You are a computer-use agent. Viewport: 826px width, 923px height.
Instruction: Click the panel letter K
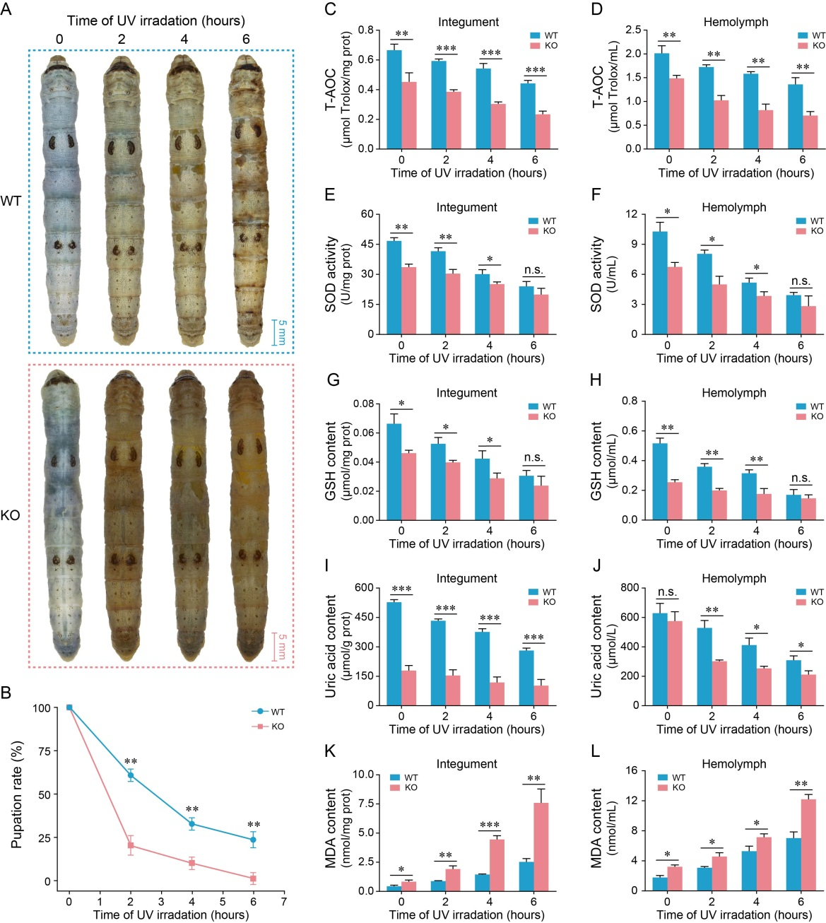click(x=329, y=751)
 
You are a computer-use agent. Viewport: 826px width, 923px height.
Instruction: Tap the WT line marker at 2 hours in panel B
click(x=131, y=775)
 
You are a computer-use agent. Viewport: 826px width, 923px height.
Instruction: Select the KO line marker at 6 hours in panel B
click(x=253, y=878)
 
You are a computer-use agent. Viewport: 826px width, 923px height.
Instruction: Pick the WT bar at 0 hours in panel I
click(x=394, y=653)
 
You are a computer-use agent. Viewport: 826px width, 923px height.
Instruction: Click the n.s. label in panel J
click(x=667, y=592)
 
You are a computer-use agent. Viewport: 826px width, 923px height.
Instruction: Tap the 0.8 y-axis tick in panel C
click(x=365, y=30)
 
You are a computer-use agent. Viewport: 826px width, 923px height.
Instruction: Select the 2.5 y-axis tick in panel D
click(x=633, y=30)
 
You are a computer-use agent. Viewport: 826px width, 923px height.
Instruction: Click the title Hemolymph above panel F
click(x=733, y=207)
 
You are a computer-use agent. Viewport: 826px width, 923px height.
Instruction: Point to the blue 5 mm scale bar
click(x=275, y=332)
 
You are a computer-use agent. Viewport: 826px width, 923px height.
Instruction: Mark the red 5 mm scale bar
click(x=275, y=646)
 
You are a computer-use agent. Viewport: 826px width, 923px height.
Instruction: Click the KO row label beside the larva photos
click(x=11, y=515)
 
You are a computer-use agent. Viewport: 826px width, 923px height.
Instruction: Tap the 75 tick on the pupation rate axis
click(x=43, y=751)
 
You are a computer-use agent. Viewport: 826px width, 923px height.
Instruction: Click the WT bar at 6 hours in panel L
click(x=793, y=864)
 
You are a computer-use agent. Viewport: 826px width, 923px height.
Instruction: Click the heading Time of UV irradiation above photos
click(x=155, y=20)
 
